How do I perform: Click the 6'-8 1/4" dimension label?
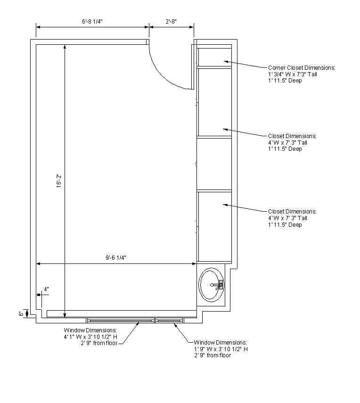coord(92,21)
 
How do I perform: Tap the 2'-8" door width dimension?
coord(171,21)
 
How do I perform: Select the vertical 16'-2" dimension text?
coord(59,181)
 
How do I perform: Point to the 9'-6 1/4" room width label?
coord(116,257)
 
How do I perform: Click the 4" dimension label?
coord(46,289)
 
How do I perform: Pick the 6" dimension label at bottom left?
coord(21,314)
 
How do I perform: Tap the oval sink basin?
coord(212,285)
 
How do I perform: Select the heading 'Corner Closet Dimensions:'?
coord(302,68)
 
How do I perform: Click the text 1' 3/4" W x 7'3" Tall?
coord(293,74)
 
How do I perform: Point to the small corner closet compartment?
coord(214,56)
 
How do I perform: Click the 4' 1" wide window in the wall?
coord(121,320)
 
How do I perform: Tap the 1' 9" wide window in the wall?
coord(169,320)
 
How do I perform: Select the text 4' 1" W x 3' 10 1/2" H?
coord(90,337)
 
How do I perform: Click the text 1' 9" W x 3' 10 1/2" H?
coord(221,349)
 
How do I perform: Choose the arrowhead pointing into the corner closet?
coord(226,61)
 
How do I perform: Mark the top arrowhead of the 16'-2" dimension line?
coord(65,47)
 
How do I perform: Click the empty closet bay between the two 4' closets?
coord(214,164)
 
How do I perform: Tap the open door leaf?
coord(193,67)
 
